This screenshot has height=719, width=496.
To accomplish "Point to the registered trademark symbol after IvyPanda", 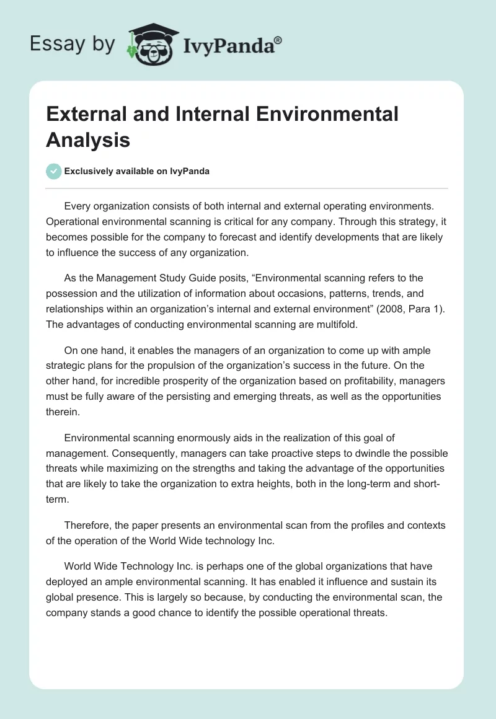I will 278,40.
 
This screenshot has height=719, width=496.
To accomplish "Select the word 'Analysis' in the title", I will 88,139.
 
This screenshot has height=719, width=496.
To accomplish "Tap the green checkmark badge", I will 54,171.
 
